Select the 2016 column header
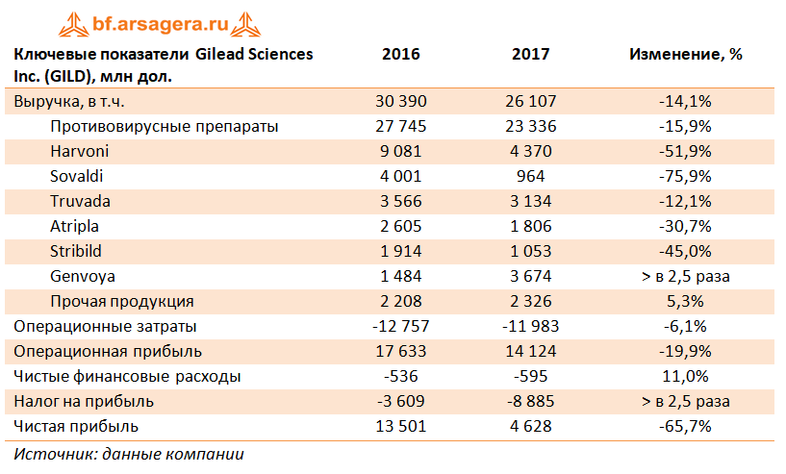pyautogui.click(x=401, y=55)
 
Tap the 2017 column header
pyautogui.click(x=531, y=55)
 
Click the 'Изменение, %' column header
pyautogui.click(x=685, y=55)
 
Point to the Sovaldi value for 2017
pyautogui.click(x=531, y=176)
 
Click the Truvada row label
pyautogui.click(x=80, y=201)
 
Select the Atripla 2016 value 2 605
pyautogui.click(x=401, y=226)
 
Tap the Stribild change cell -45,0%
pyautogui.click(x=685, y=251)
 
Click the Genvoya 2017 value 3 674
pyautogui.click(x=531, y=276)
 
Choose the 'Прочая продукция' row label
pyautogui.click(x=122, y=301)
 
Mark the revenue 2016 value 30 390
pyautogui.click(x=401, y=101)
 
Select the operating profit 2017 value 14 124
pyautogui.click(x=531, y=351)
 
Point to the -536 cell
pyautogui.click(x=401, y=376)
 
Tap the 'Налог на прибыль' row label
pyautogui.click(x=84, y=401)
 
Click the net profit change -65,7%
pyautogui.click(x=685, y=426)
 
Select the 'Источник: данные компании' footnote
pyautogui.click(x=129, y=454)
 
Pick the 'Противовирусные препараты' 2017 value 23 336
pyautogui.click(x=531, y=126)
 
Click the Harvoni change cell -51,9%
pyautogui.click(x=685, y=151)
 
